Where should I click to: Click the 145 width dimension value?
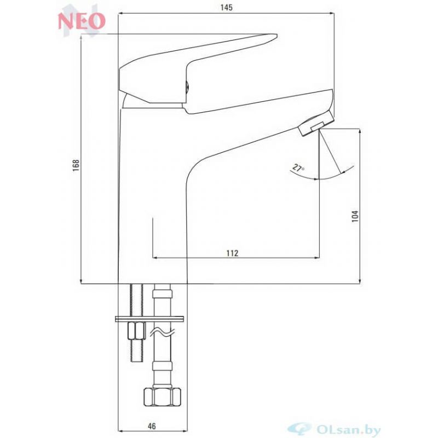coord(226,8)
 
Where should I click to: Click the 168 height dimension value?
coord(76,165)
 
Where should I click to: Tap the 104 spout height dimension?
coord(355,216)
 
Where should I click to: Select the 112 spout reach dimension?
coord(232,253)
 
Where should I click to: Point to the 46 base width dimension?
coord(152,426)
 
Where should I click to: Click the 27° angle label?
coord(298,168)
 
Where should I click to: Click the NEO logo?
coord(82,20)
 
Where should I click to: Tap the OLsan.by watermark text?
coord(348,430)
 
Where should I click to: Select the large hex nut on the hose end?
coord(163,396)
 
